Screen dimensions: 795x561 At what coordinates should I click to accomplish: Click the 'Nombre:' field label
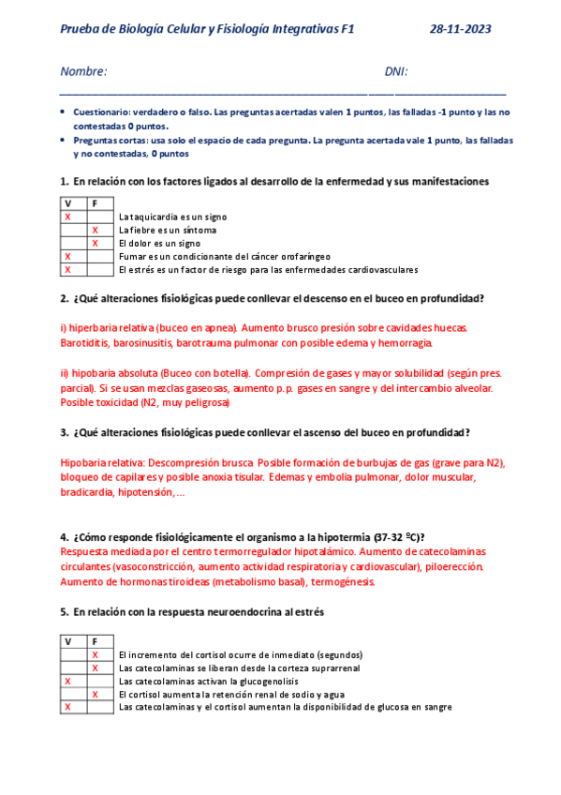83,72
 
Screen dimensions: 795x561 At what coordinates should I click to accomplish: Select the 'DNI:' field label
396,72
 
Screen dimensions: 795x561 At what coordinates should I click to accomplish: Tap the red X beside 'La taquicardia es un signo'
67,217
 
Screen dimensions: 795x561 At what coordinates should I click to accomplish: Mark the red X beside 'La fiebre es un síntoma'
96,230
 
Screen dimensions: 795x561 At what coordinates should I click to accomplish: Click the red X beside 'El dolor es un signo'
96,243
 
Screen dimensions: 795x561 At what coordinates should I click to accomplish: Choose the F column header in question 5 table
96,641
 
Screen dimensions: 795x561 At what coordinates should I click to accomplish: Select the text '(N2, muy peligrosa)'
185,401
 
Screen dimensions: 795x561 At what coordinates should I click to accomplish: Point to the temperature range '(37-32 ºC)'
395,537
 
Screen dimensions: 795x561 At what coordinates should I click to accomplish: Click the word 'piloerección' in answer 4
455,566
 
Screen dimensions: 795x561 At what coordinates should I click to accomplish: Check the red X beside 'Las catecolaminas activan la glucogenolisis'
67,681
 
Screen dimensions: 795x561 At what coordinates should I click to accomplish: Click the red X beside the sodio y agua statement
96,694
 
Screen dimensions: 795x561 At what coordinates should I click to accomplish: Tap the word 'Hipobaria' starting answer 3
85,462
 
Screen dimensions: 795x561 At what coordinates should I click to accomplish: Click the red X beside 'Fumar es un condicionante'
67,256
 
